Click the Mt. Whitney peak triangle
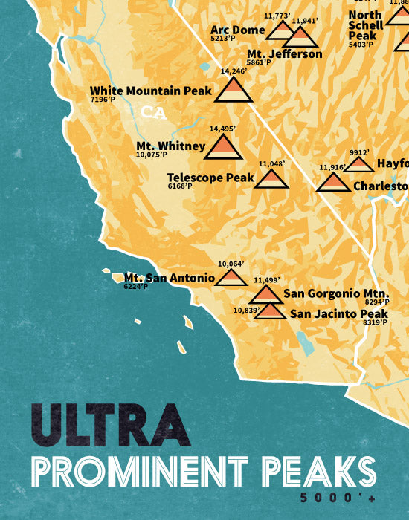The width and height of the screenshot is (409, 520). tap(222, 147)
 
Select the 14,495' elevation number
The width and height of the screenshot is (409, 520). tap(222, 129)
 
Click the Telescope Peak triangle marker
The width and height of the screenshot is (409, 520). tap(271, 179)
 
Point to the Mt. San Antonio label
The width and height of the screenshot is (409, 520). tap(170, 278)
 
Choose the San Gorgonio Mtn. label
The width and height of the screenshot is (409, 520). tap(331, 293)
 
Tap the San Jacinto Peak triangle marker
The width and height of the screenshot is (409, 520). tap(271, 311)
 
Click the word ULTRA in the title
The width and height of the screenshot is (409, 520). tap(111, 426)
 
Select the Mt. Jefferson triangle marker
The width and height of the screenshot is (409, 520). tap(300, 37)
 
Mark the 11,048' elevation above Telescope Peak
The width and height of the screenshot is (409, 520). tap(272, 163)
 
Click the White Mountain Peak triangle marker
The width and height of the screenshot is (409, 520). tap(234, 90)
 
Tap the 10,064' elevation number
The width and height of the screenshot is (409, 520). tap(231, 264)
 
